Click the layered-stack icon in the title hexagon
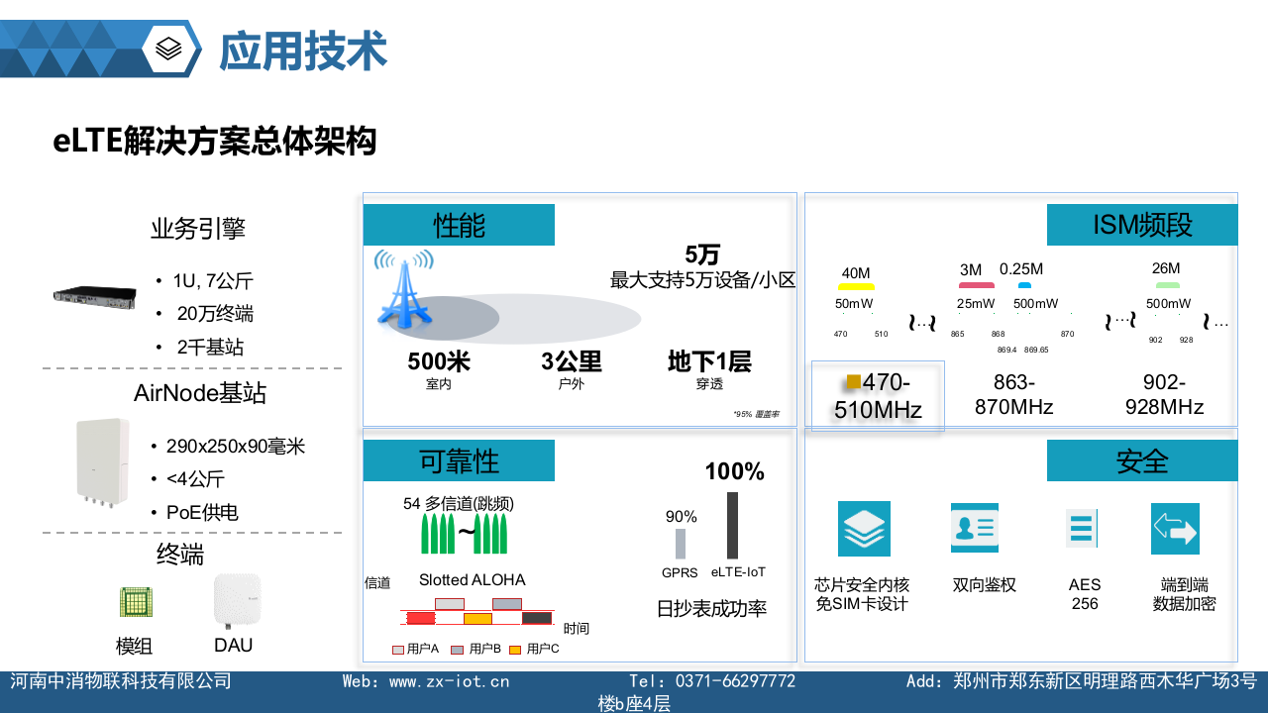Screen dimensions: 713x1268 point(169,49)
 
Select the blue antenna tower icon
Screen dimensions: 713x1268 point(402,287)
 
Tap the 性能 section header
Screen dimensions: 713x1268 point(459,225)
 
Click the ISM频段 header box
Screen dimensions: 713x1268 point(1142,225)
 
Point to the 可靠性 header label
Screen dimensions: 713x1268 point(459,460)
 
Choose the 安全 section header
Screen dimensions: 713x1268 point(1142,460)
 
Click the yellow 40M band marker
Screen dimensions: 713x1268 point(856,287)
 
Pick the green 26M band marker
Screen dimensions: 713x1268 point(1168,285)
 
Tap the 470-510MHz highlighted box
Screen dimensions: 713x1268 point(878,396)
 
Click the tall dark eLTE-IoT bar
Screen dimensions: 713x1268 point(732,525)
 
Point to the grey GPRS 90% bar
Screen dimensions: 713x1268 point(681,544)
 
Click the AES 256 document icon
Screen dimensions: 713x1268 point(1082,528)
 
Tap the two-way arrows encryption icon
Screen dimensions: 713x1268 point(1175,529)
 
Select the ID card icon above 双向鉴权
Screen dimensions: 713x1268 point(974,528)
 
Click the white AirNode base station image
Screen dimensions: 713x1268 point(103,461)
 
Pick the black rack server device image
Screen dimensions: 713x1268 point(94,294)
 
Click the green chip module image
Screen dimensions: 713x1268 point(135,602)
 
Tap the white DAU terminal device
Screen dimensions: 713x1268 point(237,600)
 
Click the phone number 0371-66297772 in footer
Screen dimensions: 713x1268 point(735,681)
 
